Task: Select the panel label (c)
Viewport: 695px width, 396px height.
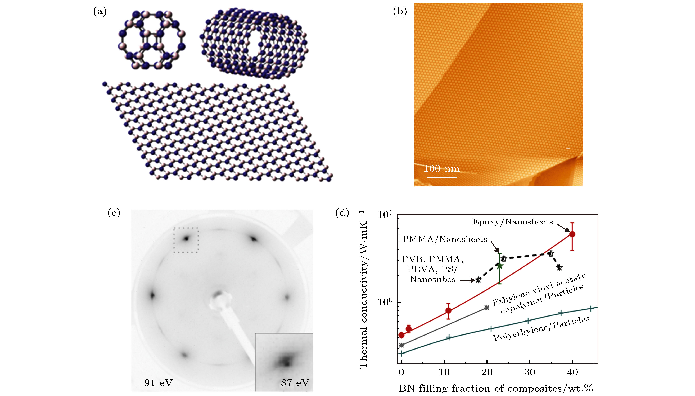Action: [114, 213]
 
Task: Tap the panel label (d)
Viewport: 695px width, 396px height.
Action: [342, 213]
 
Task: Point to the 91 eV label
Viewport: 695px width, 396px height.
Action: [158, 383]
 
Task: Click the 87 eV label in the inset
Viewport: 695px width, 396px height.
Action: [295, 383]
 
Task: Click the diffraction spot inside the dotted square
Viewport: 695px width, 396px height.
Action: [186, 239]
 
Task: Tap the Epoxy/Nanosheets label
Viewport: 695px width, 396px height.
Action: [513, 222]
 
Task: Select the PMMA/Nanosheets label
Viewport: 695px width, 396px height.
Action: [445, 239]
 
